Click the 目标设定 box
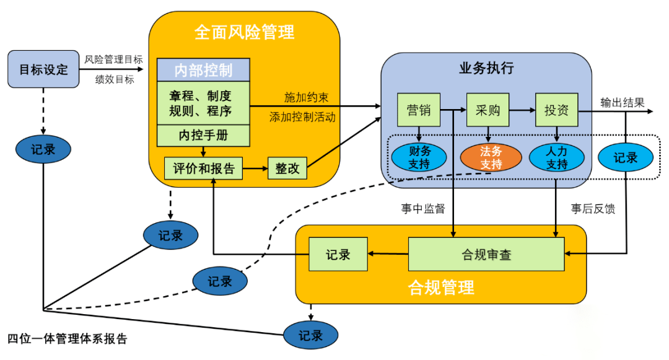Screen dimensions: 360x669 pyautogui.click(x=43, y=69)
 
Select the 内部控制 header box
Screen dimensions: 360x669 pyautogui.click(x=203, y=70)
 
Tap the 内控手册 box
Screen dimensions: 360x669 pyautogui.click(x=203, y=134)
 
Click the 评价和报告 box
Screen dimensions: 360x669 pyautogui.click(x=203, y=168)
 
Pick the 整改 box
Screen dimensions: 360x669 pyautogui.click(x=287, y=168)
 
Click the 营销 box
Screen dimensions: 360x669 pyautogui.click(x=419, y=110)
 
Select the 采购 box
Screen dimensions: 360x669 pyautogui.click(x=488, y=110)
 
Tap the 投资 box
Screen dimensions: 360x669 pyautogui.click(x=556, y=110)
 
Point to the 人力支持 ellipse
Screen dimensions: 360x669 pyautogui.click(x=557, y=157)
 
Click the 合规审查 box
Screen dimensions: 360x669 pyautogui.click(x=486, y=254)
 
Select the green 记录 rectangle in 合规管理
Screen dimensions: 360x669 pyautogui.click(x=338, y=254)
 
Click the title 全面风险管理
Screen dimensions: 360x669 pyautogui.click(x=244, y=32)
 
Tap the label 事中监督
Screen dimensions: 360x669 pyautogui.click(x=422, y=209)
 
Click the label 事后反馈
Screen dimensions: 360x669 pyautogui.click(x=593, y=209)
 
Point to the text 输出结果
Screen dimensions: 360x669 pyautogui.click(x=622, y=102)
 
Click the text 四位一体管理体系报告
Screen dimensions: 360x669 pyautogui.click(x=67, y=339)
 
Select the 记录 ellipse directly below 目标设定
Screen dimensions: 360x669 pyautogui.click(x=43, y=149)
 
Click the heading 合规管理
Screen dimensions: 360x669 pyautogui.click(x=441, y=288)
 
